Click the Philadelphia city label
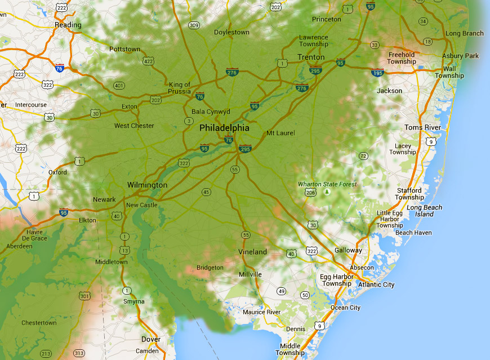pyautogui.click(x=224, y=128)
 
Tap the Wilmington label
pyautogui.click(x=147, y=185)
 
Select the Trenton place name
pyautogui.click(x=311, y=57)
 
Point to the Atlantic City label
pyautogui.click(x=376, y=285)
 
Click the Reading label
pyautogui.click(x=68, y=25)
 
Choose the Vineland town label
pyautogui.click(x=252, y=251)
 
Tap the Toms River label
pyautogui.click(x=422, y=127)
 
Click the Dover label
pyautogui.click(x=151, y=339)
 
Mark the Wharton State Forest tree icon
pyautogui.click(x=327, y=193)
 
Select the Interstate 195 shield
pyautogui.click(x=378, y=73)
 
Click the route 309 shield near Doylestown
pyautogui.click(x=194, y=25)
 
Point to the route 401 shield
pyautogui.click(x=119, y=86)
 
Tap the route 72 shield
pyautogui.click(x=363, y=156)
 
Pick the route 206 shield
pyautogui.click(x=310, y=193)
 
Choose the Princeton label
pyautogui.click(x=326, y=19)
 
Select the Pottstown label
pyautogui.click(x=124, y=49)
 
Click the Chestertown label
pyautogui.click(x=39, y=323)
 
